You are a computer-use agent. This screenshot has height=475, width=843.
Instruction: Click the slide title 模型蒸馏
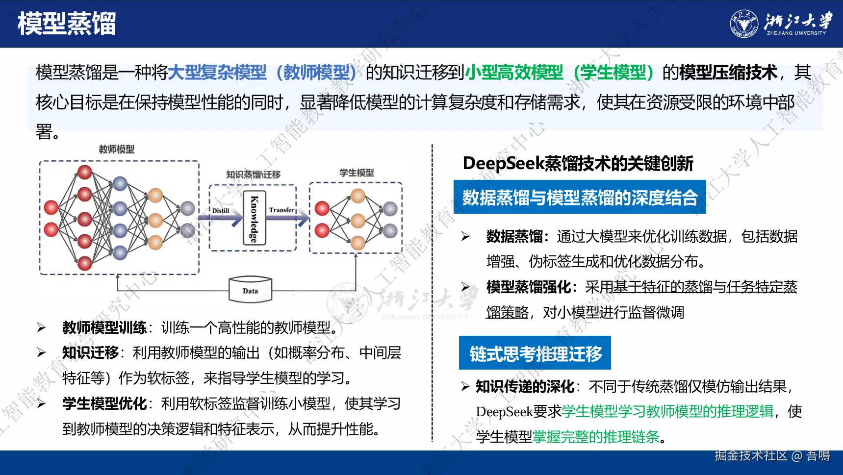coord(67,24)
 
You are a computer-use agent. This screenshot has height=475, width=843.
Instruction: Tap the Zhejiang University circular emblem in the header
coord(744,24)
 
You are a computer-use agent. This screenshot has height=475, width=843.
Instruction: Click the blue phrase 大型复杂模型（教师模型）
coord(262,73)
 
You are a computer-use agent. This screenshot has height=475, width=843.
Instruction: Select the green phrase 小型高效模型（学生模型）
coord(560,73)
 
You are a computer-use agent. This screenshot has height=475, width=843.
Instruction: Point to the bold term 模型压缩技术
coord(728,73)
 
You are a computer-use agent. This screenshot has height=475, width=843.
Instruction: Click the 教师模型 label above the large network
coord(117,149)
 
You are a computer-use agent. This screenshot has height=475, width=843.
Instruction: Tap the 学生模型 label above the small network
coord(357,173)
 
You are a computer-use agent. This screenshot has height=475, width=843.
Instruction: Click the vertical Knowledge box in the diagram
coord(255,218)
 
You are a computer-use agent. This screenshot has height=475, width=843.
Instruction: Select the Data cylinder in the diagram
coord(250,290)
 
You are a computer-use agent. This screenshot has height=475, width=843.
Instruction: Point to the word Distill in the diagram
coord(221,211)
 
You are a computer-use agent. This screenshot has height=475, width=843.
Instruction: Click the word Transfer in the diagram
coord(281,210)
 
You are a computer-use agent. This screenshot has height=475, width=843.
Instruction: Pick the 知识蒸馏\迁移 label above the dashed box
coord(253,175)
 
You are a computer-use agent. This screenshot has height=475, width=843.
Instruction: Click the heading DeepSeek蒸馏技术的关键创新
coord(578,163)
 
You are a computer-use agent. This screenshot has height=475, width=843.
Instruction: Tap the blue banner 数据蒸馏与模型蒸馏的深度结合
coord(580,197)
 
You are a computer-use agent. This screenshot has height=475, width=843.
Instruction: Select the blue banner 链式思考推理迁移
coord(535,353)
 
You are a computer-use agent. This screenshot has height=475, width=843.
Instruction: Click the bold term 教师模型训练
coord(104,327)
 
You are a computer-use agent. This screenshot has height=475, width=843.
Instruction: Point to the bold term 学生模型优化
coord(104,403)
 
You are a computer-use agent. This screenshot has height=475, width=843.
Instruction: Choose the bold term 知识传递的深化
coord(525,387)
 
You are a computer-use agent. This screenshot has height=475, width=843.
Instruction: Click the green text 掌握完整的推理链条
coord(596,437)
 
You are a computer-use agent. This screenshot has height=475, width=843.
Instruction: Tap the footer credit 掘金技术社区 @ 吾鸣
coord(772,456)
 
